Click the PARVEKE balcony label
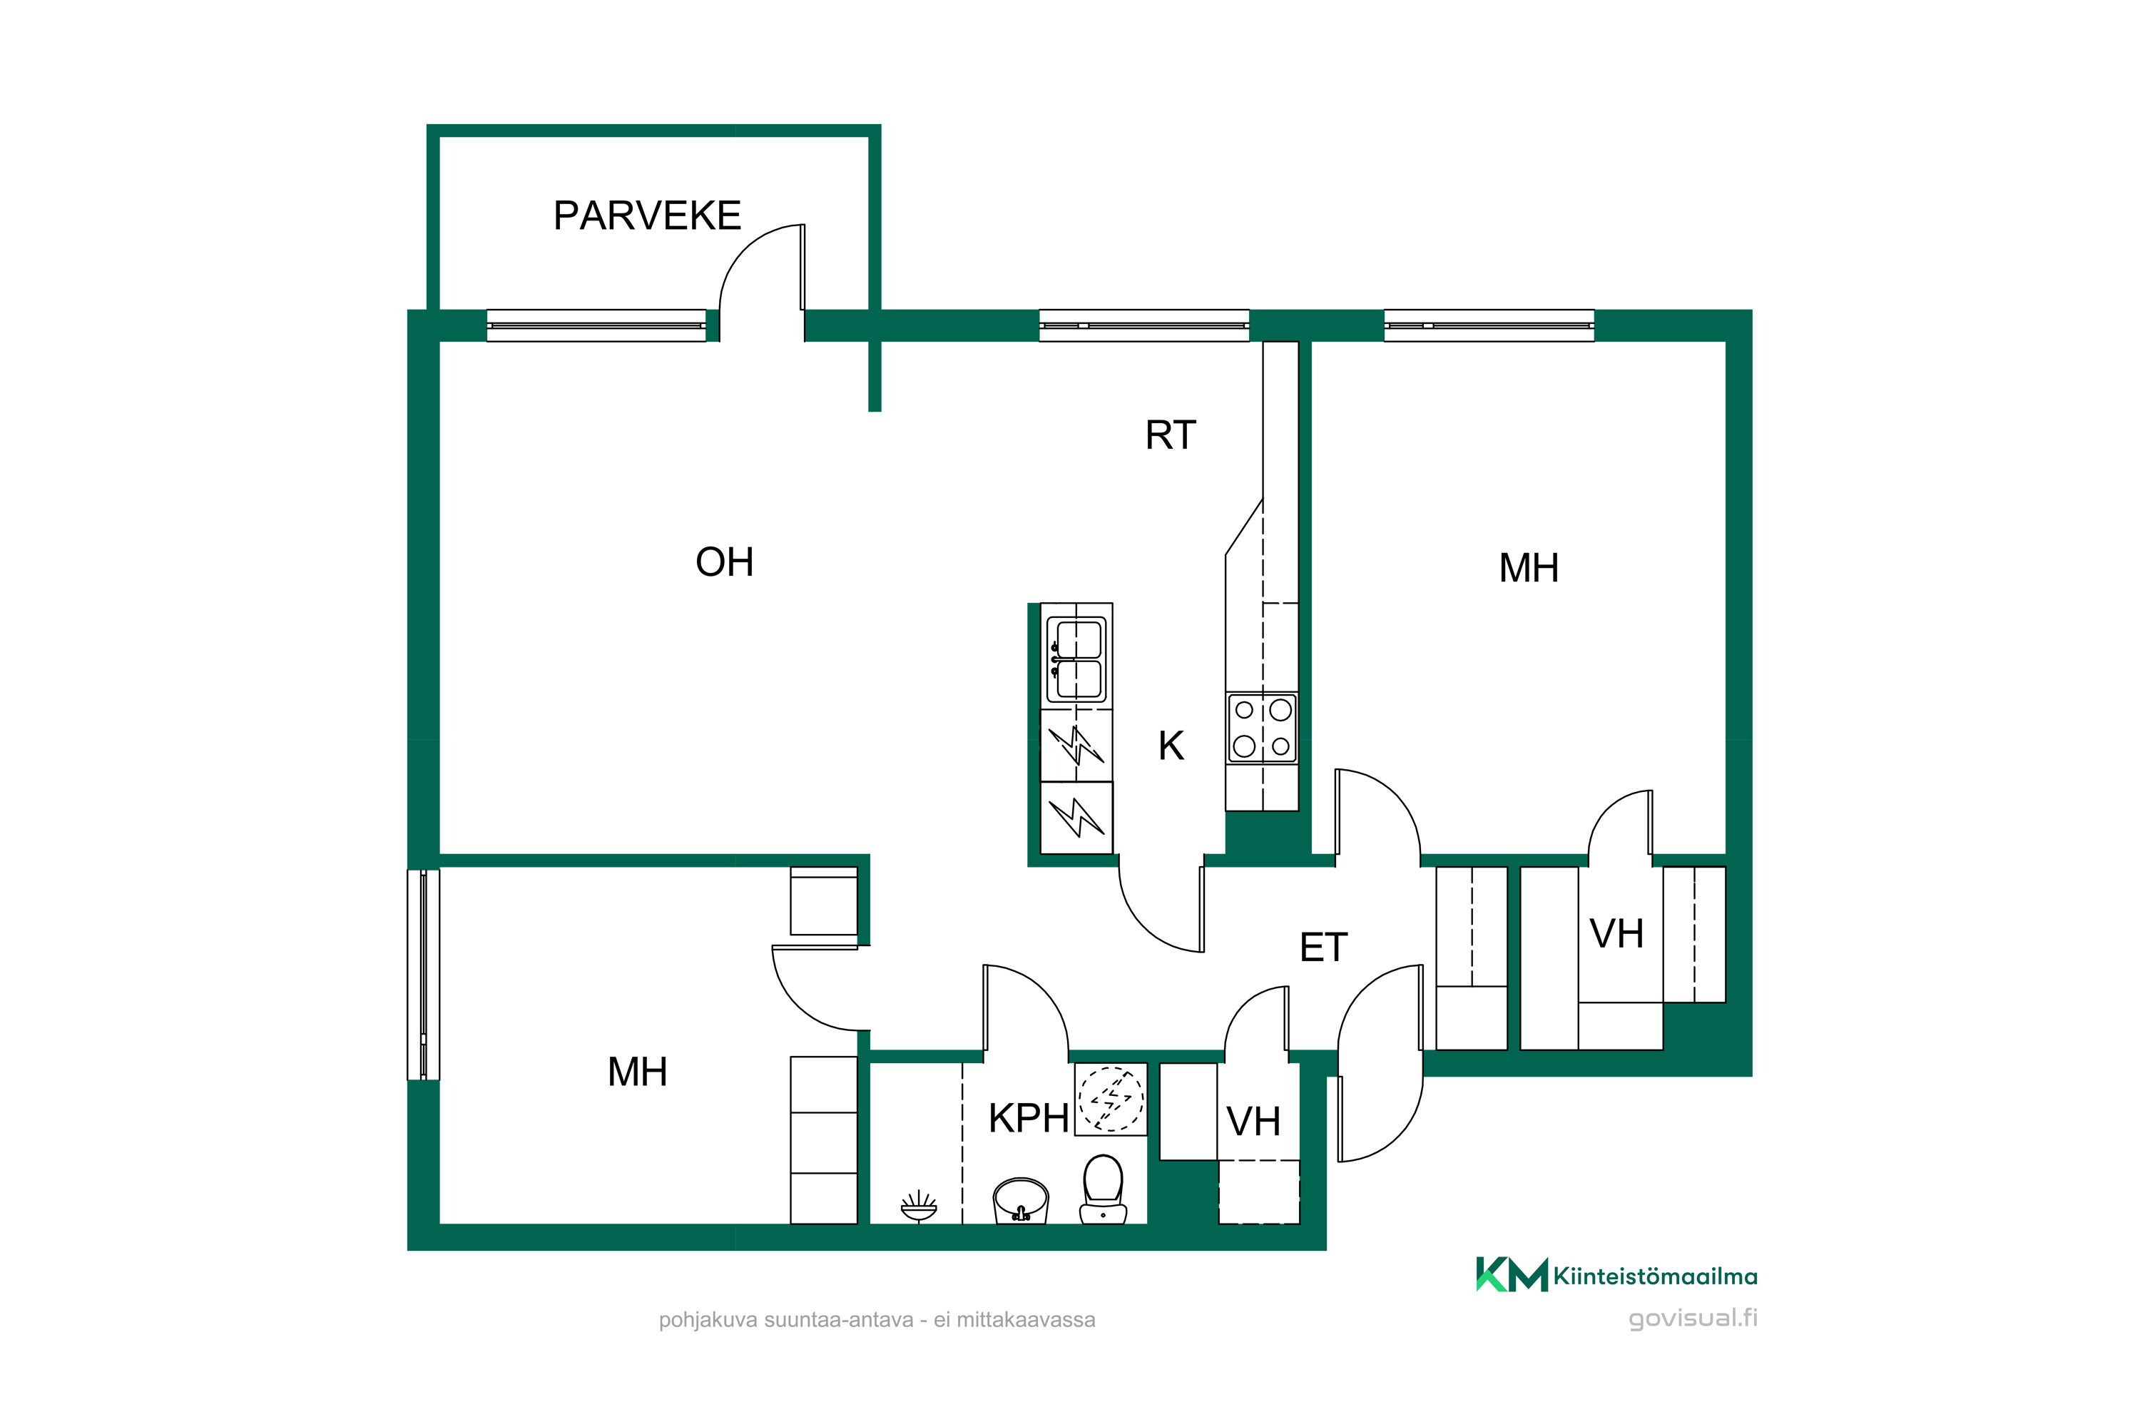tap(647, 215)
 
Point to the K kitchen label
tap(1171, 746)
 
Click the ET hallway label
tap(1323, 948)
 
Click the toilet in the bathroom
tap(1103, 1189)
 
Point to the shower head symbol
tap(919, 1206)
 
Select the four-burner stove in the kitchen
tap(1262, 727)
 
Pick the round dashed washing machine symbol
tap(1111, 1100)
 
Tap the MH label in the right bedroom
tap(1529, 569)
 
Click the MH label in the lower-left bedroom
tap(637, 1072)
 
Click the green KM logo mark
tap(1512, 1275)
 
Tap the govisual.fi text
tap(1692, 1319)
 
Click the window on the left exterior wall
tap(423, 975)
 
